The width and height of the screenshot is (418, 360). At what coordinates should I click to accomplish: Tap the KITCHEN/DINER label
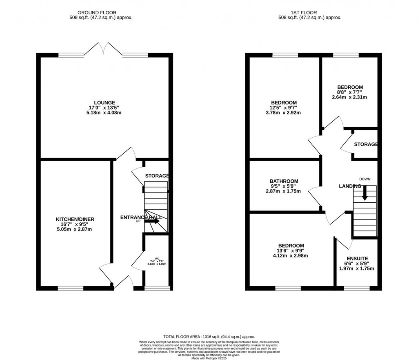point(75,219)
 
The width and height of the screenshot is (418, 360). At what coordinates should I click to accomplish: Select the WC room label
point(157,258)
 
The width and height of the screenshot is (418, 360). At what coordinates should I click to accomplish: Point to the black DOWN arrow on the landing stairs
point(365,193)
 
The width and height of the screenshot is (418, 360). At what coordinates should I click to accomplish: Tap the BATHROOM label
point(284,181)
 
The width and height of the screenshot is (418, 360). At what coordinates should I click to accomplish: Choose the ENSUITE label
point(357,259)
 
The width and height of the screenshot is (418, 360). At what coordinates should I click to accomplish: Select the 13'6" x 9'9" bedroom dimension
point(291,251)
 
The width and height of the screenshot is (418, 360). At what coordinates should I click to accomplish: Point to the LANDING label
point(350,186)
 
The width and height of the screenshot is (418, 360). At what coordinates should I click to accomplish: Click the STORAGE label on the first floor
point(365,145)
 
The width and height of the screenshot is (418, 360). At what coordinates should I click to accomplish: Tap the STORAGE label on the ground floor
point(157,176)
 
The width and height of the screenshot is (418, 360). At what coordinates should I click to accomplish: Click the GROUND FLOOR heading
point(104,13)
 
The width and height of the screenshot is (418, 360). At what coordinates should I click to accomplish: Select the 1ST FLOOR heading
point(309,13)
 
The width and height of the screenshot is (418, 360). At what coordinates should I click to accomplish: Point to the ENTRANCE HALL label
point(140,217)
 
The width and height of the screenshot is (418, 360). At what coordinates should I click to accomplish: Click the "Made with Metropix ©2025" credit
point(209,358)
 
